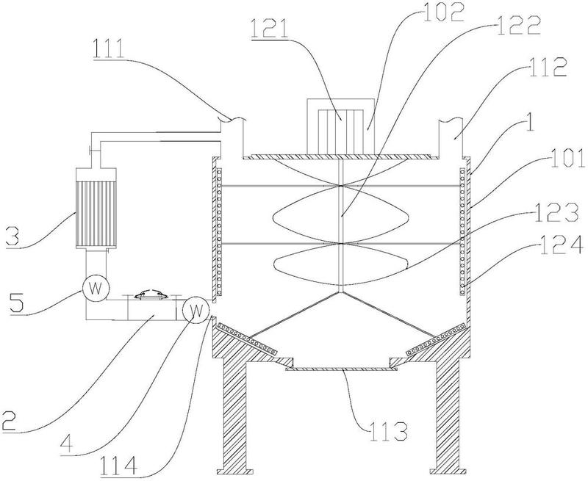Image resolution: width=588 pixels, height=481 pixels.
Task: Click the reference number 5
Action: click(21, 298)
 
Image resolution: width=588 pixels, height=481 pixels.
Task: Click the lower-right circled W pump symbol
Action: click(195, 309)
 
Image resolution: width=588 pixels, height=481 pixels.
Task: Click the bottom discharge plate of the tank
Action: click(340, 369)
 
